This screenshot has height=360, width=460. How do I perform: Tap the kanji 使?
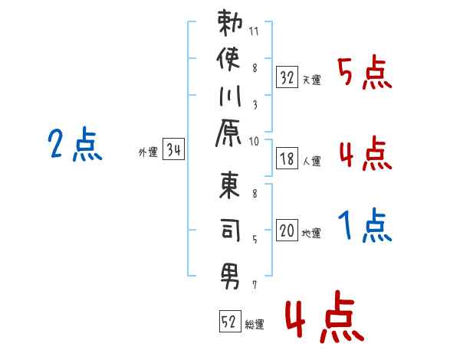coord(228,59)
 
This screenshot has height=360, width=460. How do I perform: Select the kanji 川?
coord(230,97)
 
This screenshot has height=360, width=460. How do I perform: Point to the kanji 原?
coord(228,133)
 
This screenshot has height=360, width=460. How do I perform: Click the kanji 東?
coord(230,185)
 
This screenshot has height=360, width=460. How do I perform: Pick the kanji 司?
coord(231,230)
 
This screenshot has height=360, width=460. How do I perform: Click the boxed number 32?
coord(287,77)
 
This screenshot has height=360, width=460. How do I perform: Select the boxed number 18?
coord(287,159)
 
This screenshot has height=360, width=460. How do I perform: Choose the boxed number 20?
coord(287,230)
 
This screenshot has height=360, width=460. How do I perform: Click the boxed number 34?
coord(174,149)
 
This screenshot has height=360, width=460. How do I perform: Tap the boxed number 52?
coord(230,321)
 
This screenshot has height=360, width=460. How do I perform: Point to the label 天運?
coord(312,80)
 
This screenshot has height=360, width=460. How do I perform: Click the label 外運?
coord(148,152)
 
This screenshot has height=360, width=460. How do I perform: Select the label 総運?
coord(255,324)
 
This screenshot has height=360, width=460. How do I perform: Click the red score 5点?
coord(365,73)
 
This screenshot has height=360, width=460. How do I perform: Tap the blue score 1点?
coord(365,225)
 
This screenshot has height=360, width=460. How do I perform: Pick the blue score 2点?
coord(75,144)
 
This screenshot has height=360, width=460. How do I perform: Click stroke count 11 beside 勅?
coord(254,31)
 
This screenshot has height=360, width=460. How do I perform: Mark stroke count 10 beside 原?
coord(254,142)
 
